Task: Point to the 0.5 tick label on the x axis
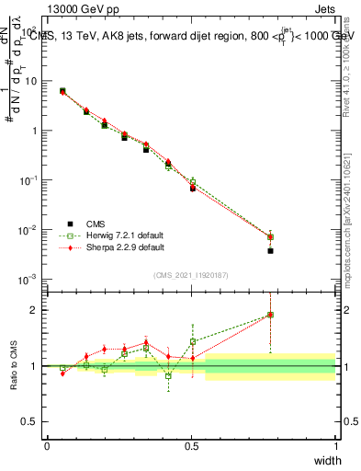tap(191, 446)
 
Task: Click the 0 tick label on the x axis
tap(47, 446)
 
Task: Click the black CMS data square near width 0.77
tap(270, 250)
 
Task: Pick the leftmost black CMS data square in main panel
tap(62, 91)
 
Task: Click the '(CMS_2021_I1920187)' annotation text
tap(191, 275)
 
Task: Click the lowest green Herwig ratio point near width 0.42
tap(168, 375)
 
